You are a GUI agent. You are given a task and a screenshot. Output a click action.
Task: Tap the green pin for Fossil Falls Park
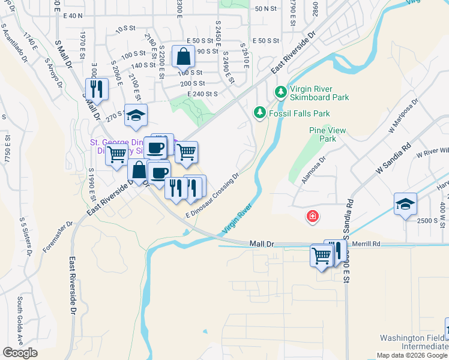[259, 112]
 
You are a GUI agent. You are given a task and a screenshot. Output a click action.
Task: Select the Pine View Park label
[323, 134]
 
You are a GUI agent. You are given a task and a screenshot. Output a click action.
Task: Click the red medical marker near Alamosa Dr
[312, 216]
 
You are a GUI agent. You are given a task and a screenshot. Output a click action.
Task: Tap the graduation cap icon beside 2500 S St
[405, 204]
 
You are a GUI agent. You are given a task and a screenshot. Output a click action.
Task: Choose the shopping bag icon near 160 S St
[183, 56]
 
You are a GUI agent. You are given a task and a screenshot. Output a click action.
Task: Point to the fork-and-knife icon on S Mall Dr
[95, 89]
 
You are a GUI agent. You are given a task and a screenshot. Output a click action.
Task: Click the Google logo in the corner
[20, 352]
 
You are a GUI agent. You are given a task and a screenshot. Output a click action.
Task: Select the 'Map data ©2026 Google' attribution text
[412, 355]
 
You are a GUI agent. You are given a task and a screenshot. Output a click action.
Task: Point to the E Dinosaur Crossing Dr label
[212, 195]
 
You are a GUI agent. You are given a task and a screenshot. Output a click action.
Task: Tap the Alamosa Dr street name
[312, 170]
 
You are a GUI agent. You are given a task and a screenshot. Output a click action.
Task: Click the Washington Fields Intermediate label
[412, 343]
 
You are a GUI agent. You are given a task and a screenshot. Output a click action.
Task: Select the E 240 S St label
[202, 94]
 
